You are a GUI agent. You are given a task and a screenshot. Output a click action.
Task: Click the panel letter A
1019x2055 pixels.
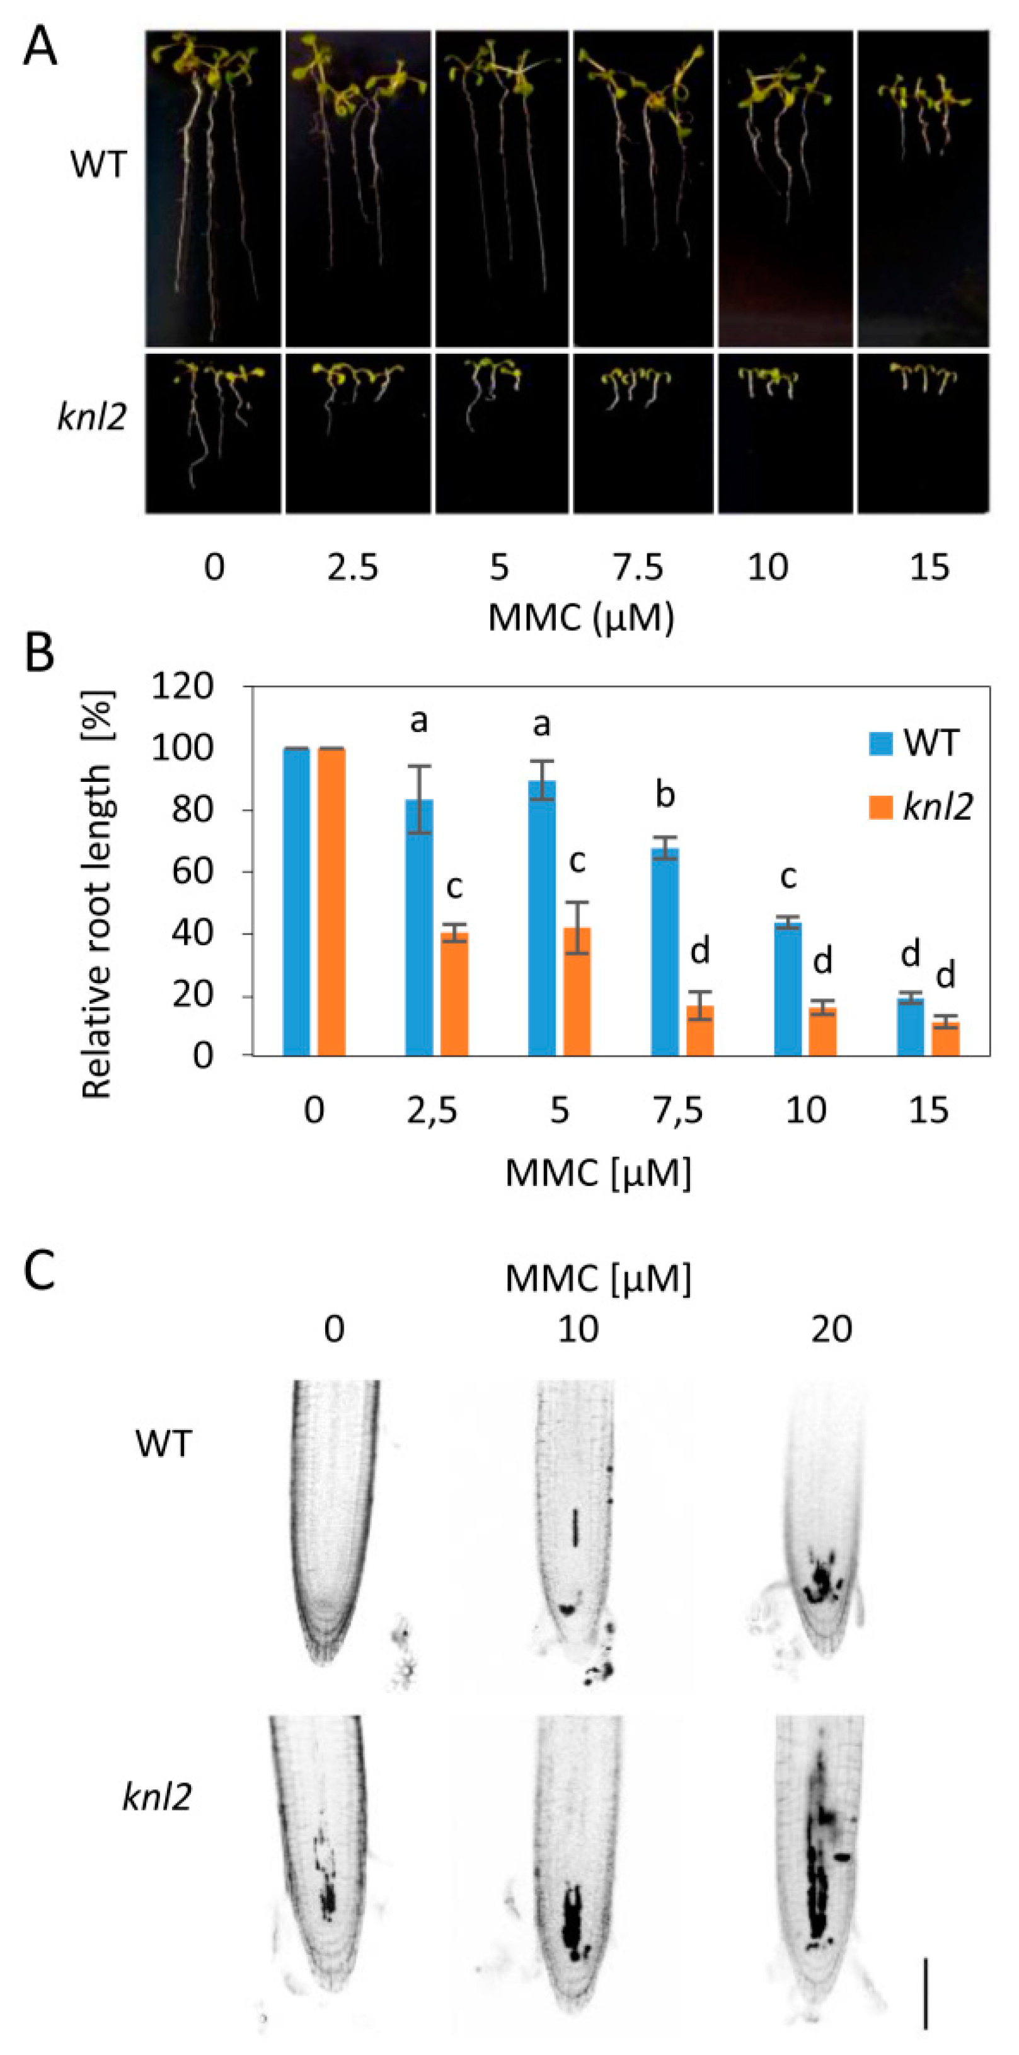pos(40,46)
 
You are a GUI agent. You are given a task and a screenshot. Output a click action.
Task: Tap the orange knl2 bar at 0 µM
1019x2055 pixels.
pos(331,902)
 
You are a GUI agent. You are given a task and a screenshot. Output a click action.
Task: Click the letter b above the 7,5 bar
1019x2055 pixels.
pos(664,795)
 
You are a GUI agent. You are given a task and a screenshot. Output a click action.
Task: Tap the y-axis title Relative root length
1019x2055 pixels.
pos(98,894)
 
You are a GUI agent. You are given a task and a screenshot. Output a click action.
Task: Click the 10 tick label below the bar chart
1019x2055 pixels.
pos(805,1110)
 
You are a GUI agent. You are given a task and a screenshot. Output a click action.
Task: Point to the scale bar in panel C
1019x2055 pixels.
pos(925,1979)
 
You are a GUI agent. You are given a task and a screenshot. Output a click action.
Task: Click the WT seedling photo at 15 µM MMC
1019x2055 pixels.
pos(923,189)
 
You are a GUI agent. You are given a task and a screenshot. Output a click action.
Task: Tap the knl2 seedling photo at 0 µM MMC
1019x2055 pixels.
pos(213,433)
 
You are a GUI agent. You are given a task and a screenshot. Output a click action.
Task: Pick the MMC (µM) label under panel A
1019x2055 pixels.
pos(581,617)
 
